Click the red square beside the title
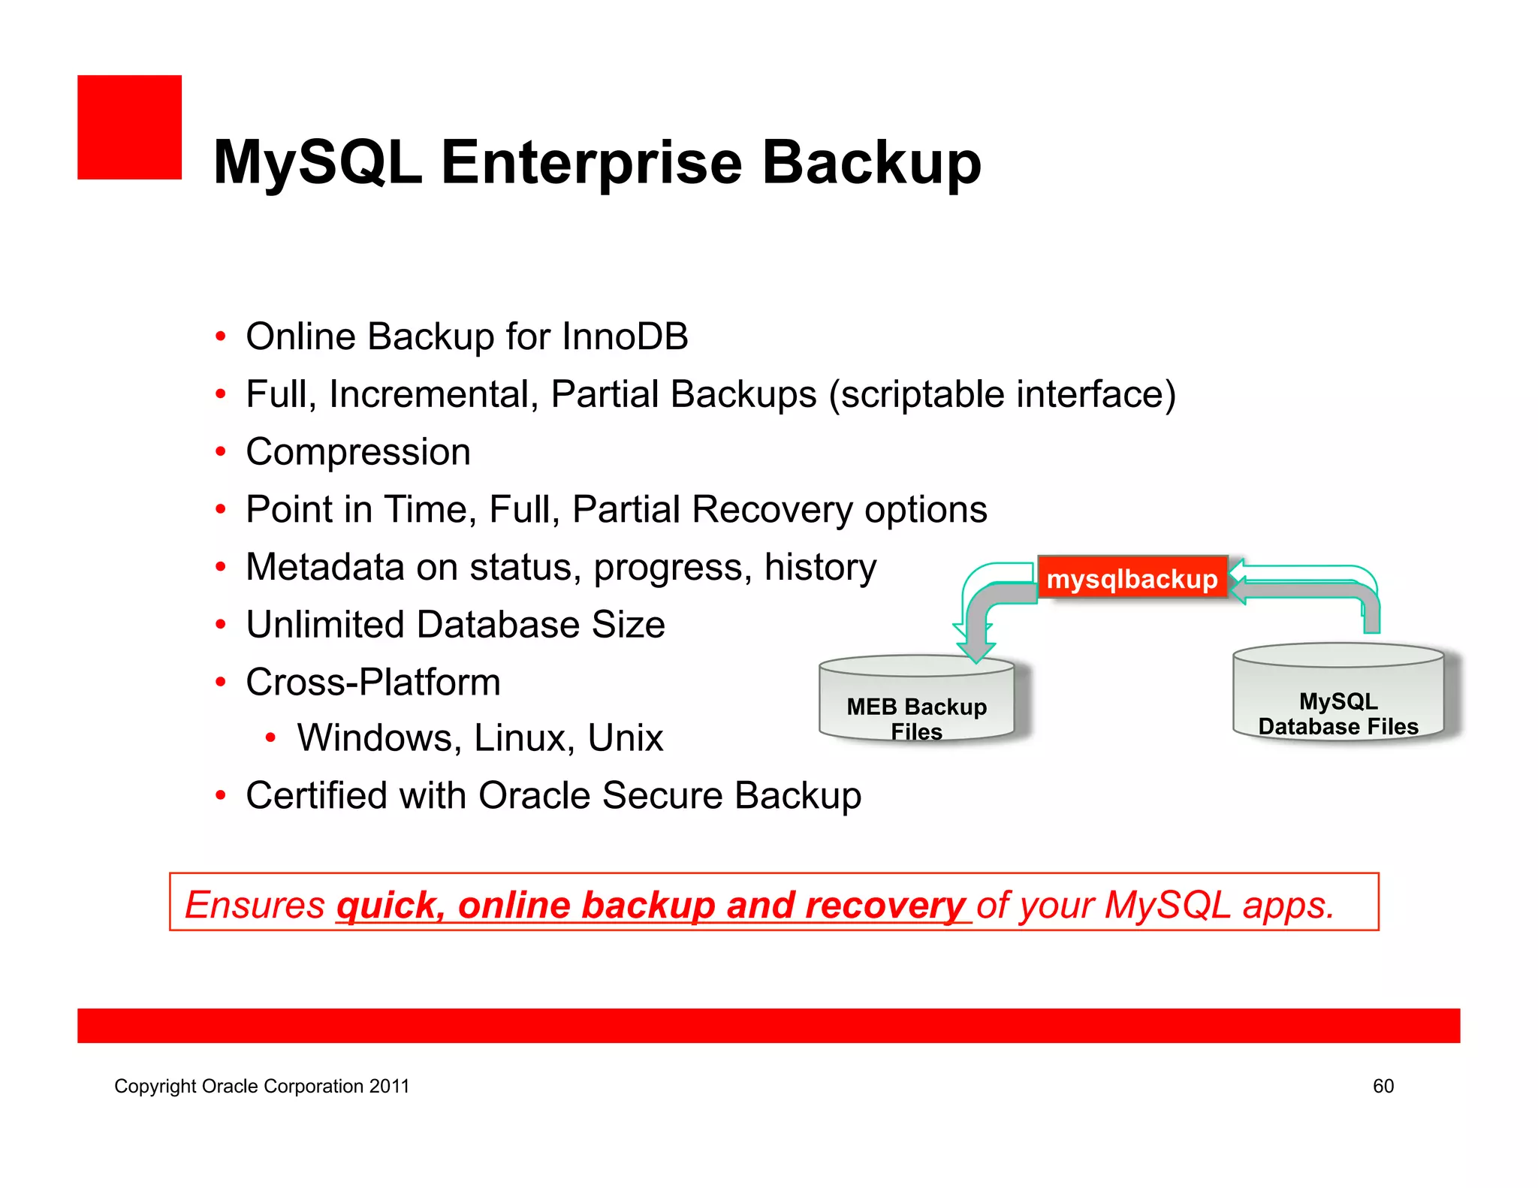tap(129, 127)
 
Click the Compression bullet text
tap(358, 452)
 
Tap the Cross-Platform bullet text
tap(372, 683)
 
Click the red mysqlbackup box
tap(1132, 578)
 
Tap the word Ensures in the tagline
tap(255, 905)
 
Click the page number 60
tap(1383, 1086)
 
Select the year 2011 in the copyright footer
tap(389, 1086)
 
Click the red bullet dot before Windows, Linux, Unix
tap(271, 738)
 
